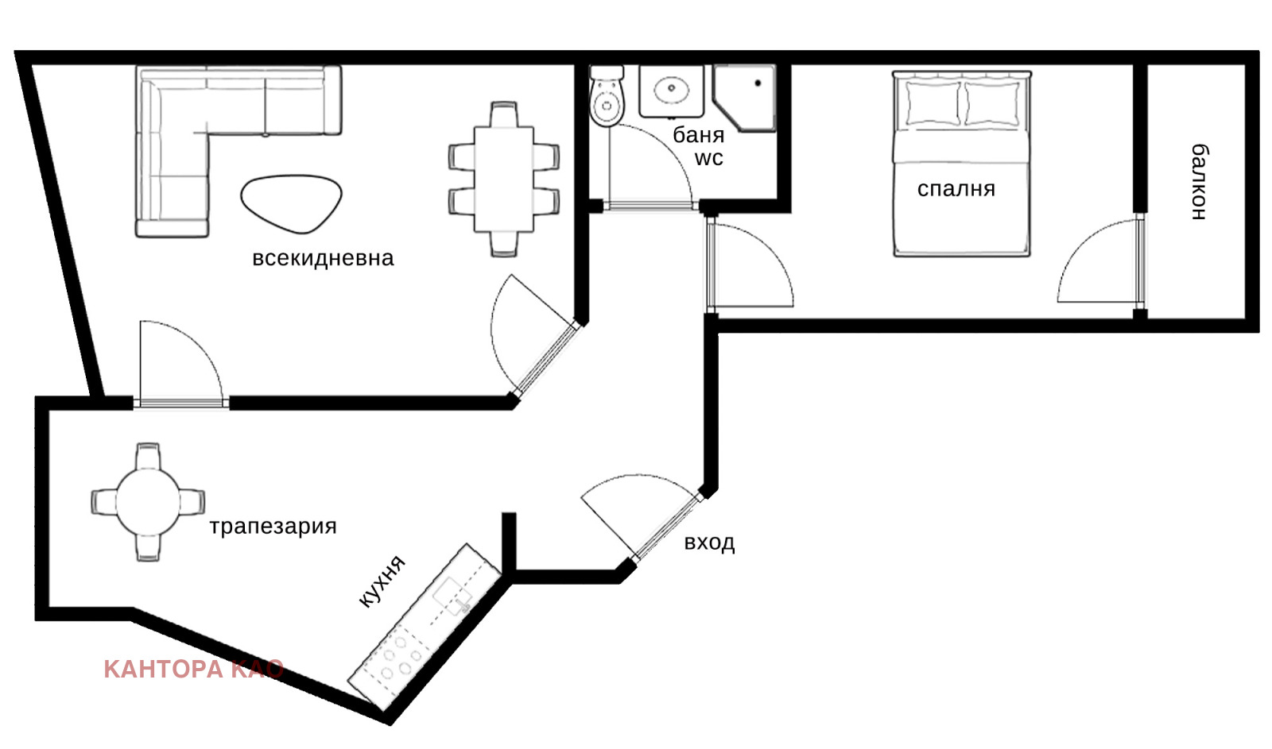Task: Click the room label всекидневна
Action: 323,258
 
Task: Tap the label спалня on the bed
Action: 956,189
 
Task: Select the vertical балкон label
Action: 1200,182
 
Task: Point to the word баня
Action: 699,135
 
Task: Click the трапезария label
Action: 273,527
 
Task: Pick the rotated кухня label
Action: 382,581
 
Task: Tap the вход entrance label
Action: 709,542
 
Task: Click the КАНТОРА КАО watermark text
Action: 194,670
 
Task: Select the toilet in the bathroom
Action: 607,95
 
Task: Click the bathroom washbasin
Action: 671,91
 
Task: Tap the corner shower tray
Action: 744,98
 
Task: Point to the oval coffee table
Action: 291,203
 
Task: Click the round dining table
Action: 148,502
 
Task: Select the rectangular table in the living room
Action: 504,180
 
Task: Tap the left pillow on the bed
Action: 933,104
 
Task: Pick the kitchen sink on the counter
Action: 453,596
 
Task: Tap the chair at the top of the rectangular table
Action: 504,114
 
